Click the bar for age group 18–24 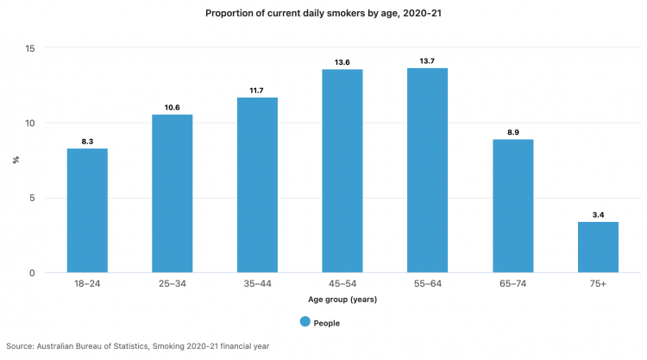87,211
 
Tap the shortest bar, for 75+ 598,247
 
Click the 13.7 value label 428,61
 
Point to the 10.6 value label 173,108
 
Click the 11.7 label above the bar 258,91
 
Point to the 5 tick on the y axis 32,198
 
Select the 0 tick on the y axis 32,273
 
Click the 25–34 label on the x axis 173,284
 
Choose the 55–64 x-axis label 428,284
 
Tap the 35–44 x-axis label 258,284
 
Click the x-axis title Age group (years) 342,300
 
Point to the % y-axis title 15,161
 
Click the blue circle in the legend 305,322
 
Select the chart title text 323,14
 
